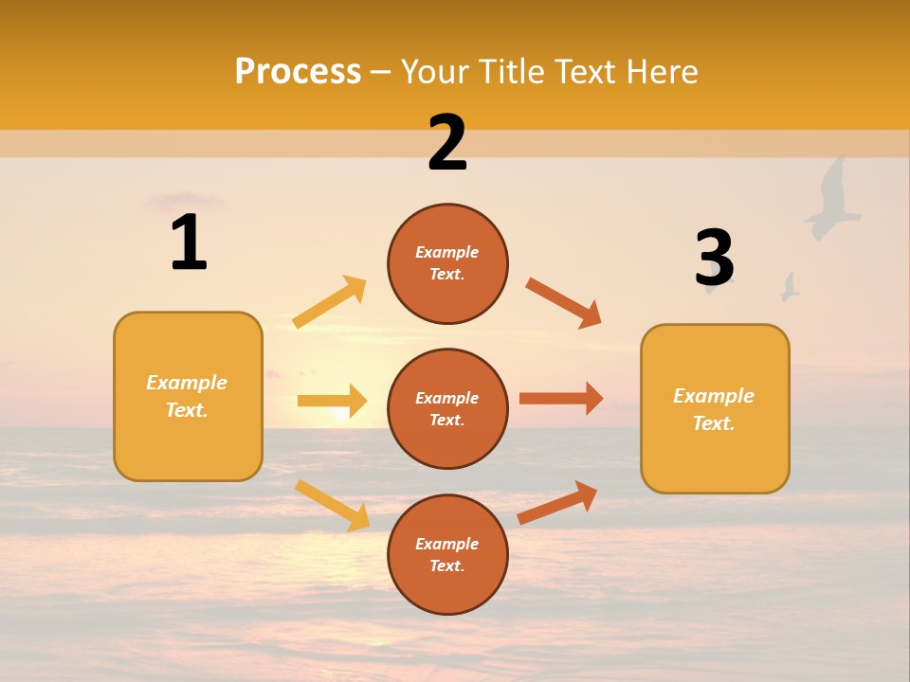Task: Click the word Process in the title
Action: click(298, 72)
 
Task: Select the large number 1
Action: click(189, 243)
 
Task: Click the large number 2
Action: click(447, 143)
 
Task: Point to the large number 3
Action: click(714, 258)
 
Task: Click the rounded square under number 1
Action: click(188, 396)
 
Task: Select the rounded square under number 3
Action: click(715, 408)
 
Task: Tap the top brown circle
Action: click(447, 263)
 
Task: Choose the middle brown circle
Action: click(447, 408)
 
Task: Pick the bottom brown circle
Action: click(447, 554)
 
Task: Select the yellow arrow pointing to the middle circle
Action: click(332, 401)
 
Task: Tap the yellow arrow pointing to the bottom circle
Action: click(333, 505)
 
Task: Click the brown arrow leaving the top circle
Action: click(564, 303)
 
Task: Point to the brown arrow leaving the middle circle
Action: click(560, 398)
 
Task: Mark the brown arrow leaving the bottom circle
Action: click(557, 502)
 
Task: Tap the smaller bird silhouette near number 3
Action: click(789, 287)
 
